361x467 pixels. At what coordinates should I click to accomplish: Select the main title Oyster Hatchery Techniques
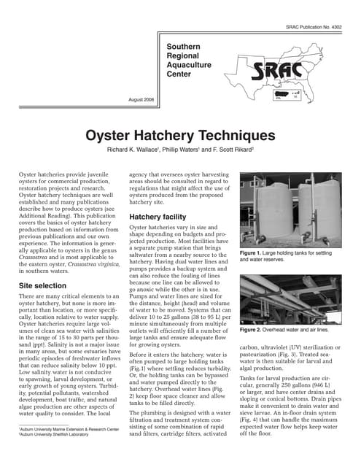[x=180, y=136]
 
